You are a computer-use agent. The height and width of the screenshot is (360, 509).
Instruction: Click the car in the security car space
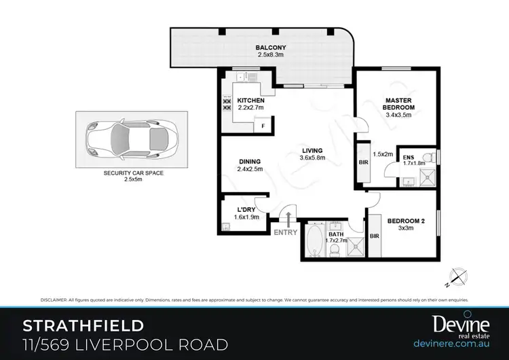(130, 139)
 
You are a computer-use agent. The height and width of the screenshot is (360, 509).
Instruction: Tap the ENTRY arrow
(289, 219)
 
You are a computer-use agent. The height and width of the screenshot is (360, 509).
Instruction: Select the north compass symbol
(459, 276)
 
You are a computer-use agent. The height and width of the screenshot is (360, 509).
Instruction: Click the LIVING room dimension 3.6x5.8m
(313, 159)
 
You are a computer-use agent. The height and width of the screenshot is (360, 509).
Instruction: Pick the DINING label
(249, 161)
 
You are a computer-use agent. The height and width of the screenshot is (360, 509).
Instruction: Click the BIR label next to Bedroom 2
(375, 236)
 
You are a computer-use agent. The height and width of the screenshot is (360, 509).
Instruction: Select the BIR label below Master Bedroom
(364, 164)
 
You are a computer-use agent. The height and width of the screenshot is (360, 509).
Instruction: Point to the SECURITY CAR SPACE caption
(134, 173)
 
